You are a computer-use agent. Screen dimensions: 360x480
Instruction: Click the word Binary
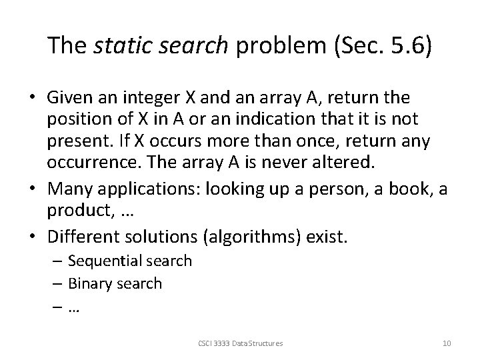point(89,283)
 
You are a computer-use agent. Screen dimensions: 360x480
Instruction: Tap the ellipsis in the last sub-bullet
point(73,307)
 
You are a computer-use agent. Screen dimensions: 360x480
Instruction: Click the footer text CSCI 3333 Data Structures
point(240,343)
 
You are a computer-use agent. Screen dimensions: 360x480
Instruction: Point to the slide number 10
point(447,343)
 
